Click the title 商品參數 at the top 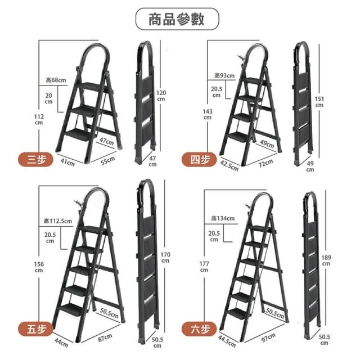click(177, 19)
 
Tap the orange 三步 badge click(35, 159)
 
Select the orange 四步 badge click(199, 159)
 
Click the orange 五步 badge click(35, 329)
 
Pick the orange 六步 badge click(199, 329)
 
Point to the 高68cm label click(56, 80)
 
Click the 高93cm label click(224, 75)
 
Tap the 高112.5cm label click(57, 221)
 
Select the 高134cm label click(223, 218)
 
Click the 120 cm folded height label click(161, 96)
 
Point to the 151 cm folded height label click(319, 102)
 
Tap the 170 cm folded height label click(165, 258)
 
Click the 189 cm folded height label click(326, 260)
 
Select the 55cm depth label click(107, 160)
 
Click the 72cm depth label click(266, 163)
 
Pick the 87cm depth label click(105, 337)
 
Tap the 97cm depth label click(268, 337)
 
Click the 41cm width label click(67, 162)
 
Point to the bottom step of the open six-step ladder click(237, 313)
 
